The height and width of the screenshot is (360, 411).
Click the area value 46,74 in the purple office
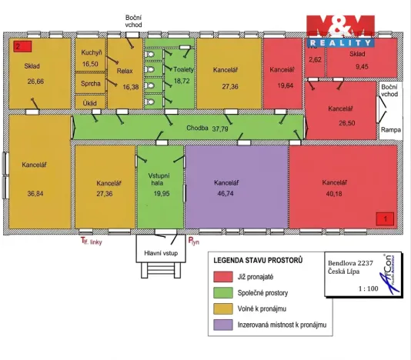click(226, 194)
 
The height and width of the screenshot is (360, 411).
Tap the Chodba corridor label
click(197, 128)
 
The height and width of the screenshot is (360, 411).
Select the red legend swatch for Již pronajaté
click(223, 277)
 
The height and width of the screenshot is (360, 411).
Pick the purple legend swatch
click(223, 325)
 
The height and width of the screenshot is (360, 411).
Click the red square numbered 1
click(385, 218)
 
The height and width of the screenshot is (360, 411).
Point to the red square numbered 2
click(22, 46)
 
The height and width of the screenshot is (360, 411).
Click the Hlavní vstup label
click(161, 253)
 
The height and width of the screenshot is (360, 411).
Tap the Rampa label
click(391, 130)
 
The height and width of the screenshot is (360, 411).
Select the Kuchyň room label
click(92, 52)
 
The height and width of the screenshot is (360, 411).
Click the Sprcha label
click(91, 84)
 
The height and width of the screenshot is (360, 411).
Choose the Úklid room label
click(90, 103)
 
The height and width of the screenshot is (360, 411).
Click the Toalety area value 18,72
click(182, 81)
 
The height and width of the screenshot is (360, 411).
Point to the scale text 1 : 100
click(368, 288)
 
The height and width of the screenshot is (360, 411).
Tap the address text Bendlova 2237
click(350, 263)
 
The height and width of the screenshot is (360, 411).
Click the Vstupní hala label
click(159, 179)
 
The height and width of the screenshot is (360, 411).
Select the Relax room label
click(125, 71)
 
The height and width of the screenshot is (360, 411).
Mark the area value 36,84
click(35, 194)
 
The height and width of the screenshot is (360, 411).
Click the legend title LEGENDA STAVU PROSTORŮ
click(258, 261)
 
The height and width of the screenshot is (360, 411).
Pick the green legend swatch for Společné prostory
click(223, 292)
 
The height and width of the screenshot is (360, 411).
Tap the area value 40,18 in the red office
click(334, 194)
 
